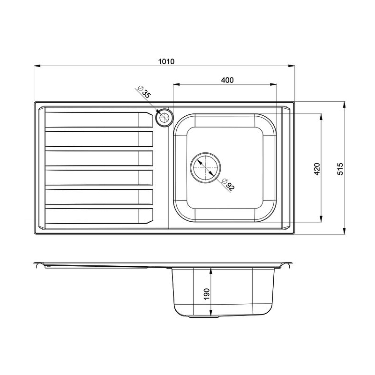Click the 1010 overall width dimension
[166, 61]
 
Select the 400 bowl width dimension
[227, 80]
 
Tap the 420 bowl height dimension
[316, 169]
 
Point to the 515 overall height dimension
[340, 168]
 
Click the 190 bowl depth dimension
[207, 293]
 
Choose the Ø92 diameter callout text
[229, 185]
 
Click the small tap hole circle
[164, 118]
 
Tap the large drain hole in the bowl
[205, 166]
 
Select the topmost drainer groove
[99, 120]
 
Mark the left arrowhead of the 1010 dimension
[37, 66]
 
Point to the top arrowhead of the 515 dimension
[345, 105]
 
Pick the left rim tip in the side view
[36, 263]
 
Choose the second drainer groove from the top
[99, 139]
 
